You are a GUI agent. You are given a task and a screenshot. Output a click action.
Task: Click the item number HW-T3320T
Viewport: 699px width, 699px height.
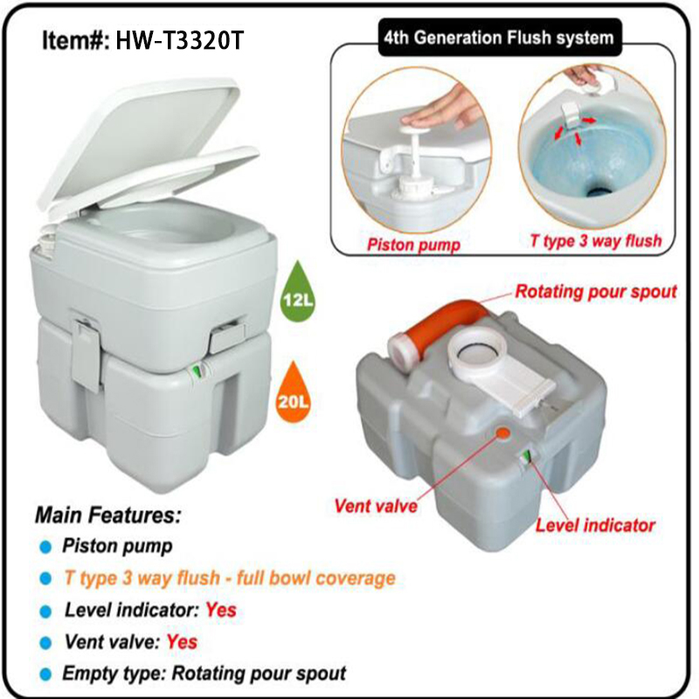180,40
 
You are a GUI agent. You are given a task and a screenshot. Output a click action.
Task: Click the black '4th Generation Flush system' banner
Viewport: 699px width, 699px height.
500,38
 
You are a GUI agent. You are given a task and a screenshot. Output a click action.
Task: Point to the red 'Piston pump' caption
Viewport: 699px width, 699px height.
413,245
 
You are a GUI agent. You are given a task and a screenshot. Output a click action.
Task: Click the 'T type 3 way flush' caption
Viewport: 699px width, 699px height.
596,241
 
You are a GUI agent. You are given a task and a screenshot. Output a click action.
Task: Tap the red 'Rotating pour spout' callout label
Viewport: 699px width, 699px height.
596,292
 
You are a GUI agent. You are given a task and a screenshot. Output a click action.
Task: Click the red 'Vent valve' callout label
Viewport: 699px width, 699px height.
376,506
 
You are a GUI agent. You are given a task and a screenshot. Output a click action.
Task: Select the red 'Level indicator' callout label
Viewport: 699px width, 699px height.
595,525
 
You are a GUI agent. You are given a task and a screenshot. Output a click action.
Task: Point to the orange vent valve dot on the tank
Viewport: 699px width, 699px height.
503,432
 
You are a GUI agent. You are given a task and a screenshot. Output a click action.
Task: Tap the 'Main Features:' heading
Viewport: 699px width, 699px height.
108,515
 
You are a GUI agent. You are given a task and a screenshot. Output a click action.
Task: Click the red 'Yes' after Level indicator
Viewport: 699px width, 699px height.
221,610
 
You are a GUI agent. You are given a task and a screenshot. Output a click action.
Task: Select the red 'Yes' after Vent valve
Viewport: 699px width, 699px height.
182,642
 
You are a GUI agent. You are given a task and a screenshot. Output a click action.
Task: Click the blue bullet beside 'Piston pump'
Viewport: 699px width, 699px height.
45,547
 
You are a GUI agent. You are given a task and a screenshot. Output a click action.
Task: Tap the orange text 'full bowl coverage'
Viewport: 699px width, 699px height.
316,578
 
